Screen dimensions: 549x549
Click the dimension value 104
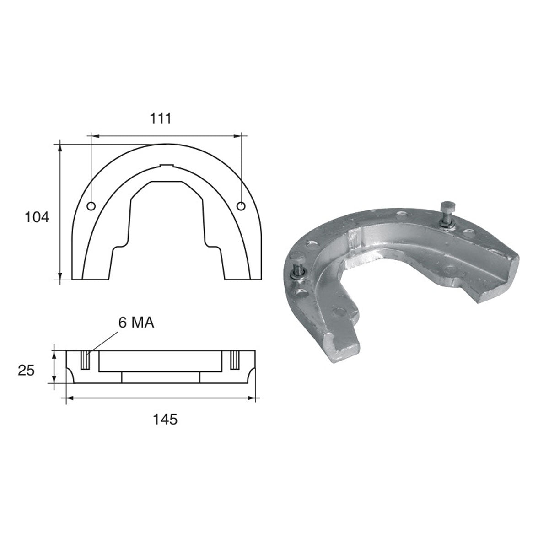[x=37, y=217]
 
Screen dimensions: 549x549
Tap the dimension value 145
[x=165, y=419]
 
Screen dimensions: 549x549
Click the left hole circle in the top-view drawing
[x=91, y=206]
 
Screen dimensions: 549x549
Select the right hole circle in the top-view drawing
[x=241, y=206]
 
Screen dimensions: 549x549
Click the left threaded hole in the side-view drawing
[x=85, y=360]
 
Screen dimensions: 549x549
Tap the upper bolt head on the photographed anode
[x=446, y=205]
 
